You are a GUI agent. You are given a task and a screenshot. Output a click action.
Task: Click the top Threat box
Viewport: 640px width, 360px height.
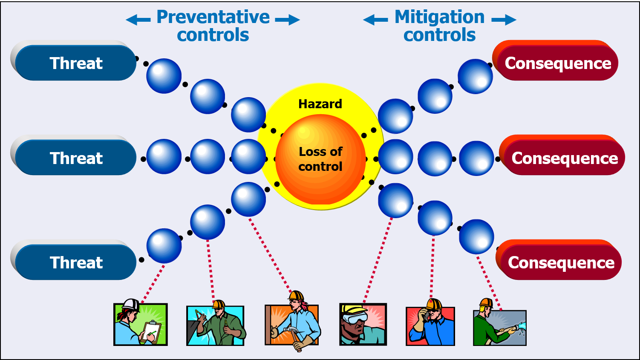click(76, 63)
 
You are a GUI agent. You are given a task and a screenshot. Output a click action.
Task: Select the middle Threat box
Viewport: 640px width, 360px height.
click(76, 158)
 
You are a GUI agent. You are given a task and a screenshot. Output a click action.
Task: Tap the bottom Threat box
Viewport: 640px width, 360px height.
click(76, 262)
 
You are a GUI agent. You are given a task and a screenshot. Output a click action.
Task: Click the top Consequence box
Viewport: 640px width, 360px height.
click(557, 63)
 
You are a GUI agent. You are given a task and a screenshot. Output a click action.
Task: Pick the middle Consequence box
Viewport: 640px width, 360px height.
click(564, 158)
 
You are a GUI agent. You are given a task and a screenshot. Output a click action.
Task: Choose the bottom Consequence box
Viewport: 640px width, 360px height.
click(561, 262)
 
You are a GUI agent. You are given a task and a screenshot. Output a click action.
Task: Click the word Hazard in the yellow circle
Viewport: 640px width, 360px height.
click(320, 104)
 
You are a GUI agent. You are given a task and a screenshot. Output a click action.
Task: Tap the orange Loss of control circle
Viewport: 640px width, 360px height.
click(320, 159)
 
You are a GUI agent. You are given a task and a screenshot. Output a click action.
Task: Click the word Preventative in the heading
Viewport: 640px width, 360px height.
click(213, 17)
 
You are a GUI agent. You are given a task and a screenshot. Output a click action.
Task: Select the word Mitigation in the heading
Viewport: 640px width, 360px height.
click(439, 17)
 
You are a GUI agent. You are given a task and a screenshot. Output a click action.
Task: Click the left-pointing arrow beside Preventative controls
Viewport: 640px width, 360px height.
click(138, 20)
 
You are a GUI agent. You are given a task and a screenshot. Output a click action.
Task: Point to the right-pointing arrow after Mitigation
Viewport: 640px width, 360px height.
click(504, 20)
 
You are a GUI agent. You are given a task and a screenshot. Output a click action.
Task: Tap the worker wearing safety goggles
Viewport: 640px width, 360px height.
click(362, 324)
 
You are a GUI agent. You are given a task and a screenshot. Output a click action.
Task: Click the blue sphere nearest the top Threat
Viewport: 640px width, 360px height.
click(164, 76)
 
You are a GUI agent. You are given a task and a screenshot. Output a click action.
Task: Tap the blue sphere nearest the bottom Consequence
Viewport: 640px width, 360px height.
click(476, 237)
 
